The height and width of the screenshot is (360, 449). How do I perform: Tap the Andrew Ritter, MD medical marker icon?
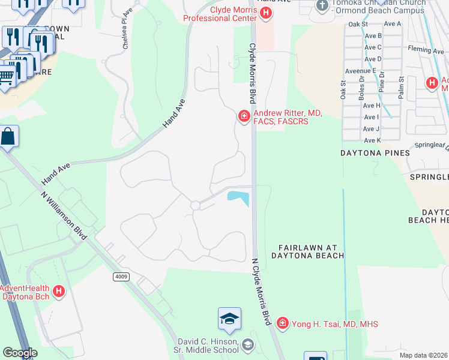point(244,116)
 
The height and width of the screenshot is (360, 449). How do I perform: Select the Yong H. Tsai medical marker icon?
point(283,324)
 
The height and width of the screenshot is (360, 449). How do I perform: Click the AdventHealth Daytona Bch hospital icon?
point(59,292)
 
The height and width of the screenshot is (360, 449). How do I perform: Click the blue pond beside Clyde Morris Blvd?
point(238,197)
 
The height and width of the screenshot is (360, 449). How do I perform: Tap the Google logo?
point(20,353)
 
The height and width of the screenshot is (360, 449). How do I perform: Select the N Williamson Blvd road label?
point(64,215)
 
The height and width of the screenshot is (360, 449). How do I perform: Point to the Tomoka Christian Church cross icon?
point(322,5)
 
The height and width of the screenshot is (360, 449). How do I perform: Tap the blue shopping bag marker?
point(9,137)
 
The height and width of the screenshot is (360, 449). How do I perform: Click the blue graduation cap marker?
point(229,319)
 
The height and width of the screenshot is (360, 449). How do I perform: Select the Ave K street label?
point(372,140)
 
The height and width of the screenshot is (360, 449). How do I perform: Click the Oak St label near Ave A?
point(357,24)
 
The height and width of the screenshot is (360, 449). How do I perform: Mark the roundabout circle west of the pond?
point(195,205)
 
